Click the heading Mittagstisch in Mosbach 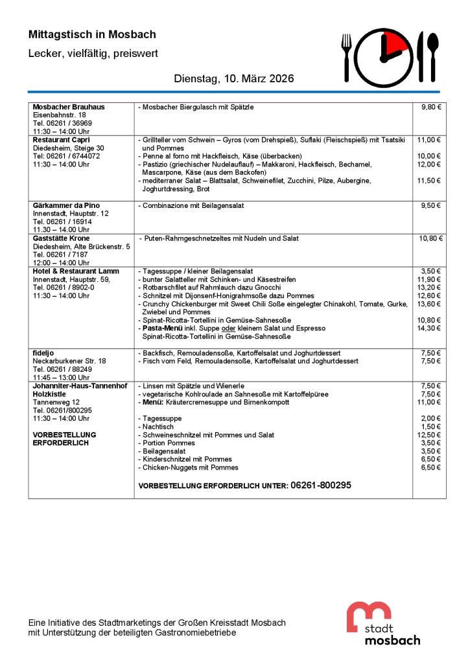[92, 34]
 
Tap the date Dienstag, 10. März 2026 [234, 79]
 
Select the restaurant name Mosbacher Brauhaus [69, 106]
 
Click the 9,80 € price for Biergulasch [430, 106]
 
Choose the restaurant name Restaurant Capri [62, 139]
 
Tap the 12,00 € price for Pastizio [429, 165]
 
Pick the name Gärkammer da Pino [66, 205]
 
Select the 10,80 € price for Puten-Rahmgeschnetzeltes [430, 238]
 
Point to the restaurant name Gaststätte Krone [62, 238]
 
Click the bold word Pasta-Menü [161, 328]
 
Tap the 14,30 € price [429, 328]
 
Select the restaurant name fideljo [43, 353]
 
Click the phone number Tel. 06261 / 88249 [62, 369]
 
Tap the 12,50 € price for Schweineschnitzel [429, 435]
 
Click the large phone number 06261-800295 [321, 485]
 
